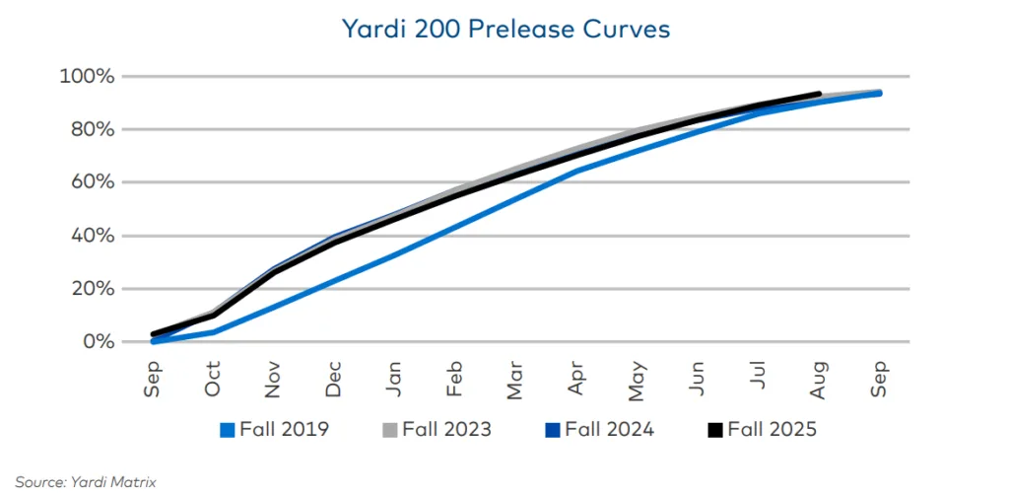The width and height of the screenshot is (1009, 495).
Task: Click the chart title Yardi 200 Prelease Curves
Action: click(505, 30)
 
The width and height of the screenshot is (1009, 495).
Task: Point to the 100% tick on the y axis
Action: click(88, 77)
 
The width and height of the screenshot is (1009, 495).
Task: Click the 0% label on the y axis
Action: click(99, 342)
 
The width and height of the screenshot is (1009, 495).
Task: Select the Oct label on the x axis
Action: click(214, 379)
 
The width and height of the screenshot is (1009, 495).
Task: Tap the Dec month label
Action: click(335, 379)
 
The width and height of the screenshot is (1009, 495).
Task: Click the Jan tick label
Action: click(395, 379)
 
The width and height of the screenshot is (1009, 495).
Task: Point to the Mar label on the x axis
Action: click(516, 379)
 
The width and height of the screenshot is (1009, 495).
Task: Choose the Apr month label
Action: click(577, 379)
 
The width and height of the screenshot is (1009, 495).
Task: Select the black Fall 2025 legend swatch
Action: click(716, 429)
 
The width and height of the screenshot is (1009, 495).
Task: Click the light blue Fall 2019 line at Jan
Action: click(395, 254)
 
